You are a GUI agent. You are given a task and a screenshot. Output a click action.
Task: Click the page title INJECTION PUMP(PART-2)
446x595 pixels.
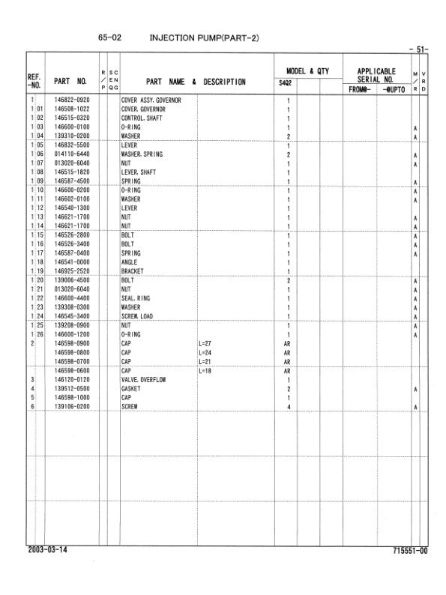205,37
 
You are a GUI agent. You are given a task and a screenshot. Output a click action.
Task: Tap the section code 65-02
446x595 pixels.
109,37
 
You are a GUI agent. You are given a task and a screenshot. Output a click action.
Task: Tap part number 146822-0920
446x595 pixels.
72,100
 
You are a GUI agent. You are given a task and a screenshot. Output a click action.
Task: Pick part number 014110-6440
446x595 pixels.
72,154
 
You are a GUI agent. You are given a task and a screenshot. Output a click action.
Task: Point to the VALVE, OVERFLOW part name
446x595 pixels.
143,379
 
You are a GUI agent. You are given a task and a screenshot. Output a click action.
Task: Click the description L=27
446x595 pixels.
208,343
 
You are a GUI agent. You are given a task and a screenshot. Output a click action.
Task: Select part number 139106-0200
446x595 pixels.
72,406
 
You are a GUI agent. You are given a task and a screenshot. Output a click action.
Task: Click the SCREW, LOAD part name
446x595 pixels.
138,316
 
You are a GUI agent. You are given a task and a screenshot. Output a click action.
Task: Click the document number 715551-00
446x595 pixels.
409,550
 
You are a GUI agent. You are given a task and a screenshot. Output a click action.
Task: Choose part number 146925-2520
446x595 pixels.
72,271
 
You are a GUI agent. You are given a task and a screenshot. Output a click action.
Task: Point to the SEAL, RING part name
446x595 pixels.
136,298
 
